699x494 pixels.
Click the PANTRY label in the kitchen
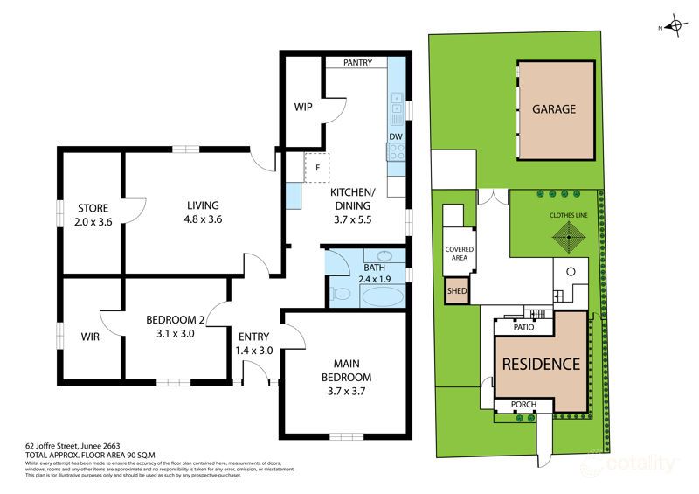(x=357, y=63)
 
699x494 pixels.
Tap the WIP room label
(x=303, y=108)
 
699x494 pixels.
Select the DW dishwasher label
(x=395, y=137)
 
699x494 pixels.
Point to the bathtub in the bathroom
(x=383, y=296)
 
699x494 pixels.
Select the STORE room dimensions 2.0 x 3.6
(x=93, y=222)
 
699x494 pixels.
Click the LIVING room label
(x=202, y=206)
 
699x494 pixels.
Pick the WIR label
(x=90, y=336)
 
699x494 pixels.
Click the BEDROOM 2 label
(x=176, y=320)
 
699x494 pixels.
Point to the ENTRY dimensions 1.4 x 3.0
(x=254, y=351)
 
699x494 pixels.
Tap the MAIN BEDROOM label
(x=345, y=371)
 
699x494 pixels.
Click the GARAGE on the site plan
(x=554, y=109)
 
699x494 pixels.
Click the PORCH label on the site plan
(x=523, y=405)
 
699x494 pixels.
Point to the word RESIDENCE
(x=539, y=364)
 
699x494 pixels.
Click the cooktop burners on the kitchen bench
(x=396, y=153)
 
